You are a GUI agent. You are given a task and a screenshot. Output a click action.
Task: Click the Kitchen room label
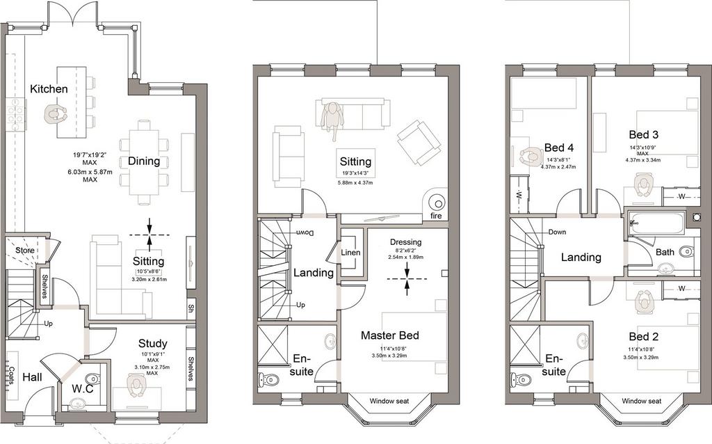(x=49, y=89)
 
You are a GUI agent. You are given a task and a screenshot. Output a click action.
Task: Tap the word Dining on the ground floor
(x=144, y=161)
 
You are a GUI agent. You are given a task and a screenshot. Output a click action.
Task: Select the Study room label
(x=152, y=344)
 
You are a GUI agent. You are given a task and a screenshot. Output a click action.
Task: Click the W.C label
(x=83, y=389)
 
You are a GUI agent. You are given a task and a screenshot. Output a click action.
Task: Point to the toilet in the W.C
(x=92, y=378)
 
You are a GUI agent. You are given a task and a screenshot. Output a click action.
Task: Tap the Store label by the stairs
(x=24, y=251)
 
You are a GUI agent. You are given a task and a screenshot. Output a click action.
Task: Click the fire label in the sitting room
(x=436, y=216)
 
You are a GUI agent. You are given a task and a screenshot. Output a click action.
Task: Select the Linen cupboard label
(x=350, y=253)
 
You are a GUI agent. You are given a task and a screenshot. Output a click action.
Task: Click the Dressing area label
(x=405, y=242)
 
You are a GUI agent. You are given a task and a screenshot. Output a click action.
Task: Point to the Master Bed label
(x=389, y=335)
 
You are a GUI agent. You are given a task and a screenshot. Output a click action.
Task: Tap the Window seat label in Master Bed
(x=389, y=401)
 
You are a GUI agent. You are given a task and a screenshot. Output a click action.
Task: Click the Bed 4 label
(x=559, y=148)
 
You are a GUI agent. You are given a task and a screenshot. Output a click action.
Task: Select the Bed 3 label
(x=643, y=134)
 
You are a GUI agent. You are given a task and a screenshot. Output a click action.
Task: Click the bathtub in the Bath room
(x=656, y=222)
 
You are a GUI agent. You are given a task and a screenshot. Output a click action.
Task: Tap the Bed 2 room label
(x=643, y=337)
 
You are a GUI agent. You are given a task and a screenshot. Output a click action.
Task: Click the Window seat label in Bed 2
(x=642, y=401)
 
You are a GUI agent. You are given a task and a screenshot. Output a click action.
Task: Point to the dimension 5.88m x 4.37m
(x=355, y=183)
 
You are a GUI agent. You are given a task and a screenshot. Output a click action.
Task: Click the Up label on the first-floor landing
(x=300, y=305)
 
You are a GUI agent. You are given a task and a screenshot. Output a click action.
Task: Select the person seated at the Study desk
(x=136, y=384)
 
